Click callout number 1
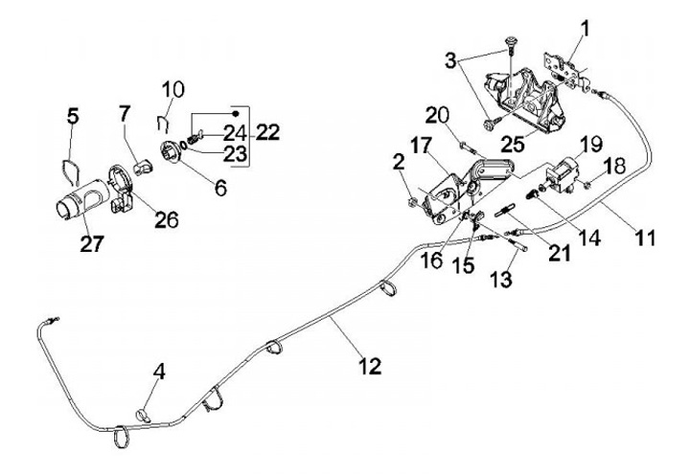[x=584, y=28]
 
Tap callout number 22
[x=266, y=133]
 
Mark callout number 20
[x=437, y=117]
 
